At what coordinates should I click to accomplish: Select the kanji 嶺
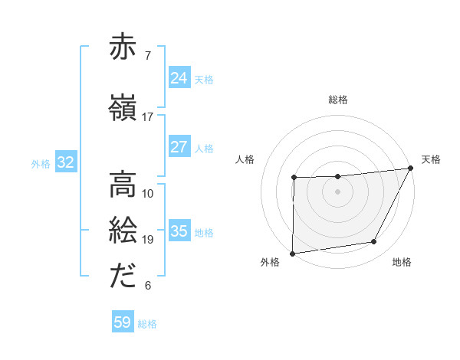[123, 108]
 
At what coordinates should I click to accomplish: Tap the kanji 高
[123, 184]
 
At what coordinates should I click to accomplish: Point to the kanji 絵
[123, 230]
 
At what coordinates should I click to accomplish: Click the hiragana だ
[123, 277]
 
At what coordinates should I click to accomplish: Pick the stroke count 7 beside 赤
[148, 55]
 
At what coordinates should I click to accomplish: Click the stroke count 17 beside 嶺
[147, 117]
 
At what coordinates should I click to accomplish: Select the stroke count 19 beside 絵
[147, 240]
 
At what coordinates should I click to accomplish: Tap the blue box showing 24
[179, 78]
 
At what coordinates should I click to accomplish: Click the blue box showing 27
[179, 147]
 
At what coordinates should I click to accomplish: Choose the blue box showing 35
[179, 231]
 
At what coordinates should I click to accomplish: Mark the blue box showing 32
[65, 162]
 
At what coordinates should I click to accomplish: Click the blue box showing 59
[123, 322]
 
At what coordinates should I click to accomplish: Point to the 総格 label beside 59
[147, 324]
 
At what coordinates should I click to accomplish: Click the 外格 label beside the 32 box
[41, 163]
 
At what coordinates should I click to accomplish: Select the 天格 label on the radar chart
[431, 159]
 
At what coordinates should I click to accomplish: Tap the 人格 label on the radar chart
[245, 159]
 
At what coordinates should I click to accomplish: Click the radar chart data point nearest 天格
[411, 168]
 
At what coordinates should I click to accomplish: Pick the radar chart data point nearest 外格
[292, 253]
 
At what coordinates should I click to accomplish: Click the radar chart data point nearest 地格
[374, 242]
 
